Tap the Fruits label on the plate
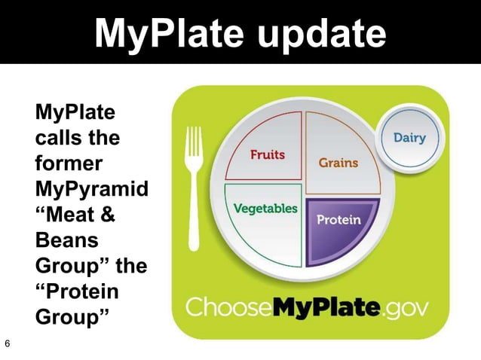point(268,155)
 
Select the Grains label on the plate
point(338,162)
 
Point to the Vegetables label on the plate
point(264,208)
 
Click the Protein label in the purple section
point(339,220)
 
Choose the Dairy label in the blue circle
point(409,138)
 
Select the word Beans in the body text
point(63,241)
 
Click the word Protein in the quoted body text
point(75,292)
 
